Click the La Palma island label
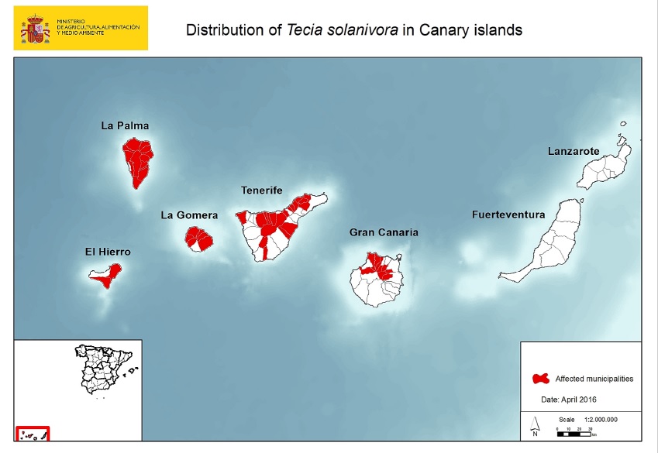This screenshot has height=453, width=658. [125, 125]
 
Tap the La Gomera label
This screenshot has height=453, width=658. [189, 215]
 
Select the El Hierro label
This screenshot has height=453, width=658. [108, 252]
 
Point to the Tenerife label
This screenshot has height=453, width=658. [261, 190]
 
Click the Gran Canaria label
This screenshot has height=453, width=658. [384, 232]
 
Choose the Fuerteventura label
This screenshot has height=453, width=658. [508, 215]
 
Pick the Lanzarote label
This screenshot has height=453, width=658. [574, 152]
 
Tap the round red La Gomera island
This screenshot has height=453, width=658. [199, 239]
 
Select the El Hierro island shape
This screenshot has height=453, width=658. [106, 276]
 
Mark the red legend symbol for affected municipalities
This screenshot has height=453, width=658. [541, 379]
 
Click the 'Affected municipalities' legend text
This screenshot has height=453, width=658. [594, 379]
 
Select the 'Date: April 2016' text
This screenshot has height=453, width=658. [568, 400]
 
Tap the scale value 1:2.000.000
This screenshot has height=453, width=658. [595, 419]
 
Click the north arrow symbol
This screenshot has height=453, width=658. [535, 424]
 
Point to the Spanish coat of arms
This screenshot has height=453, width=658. [35, 29]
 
